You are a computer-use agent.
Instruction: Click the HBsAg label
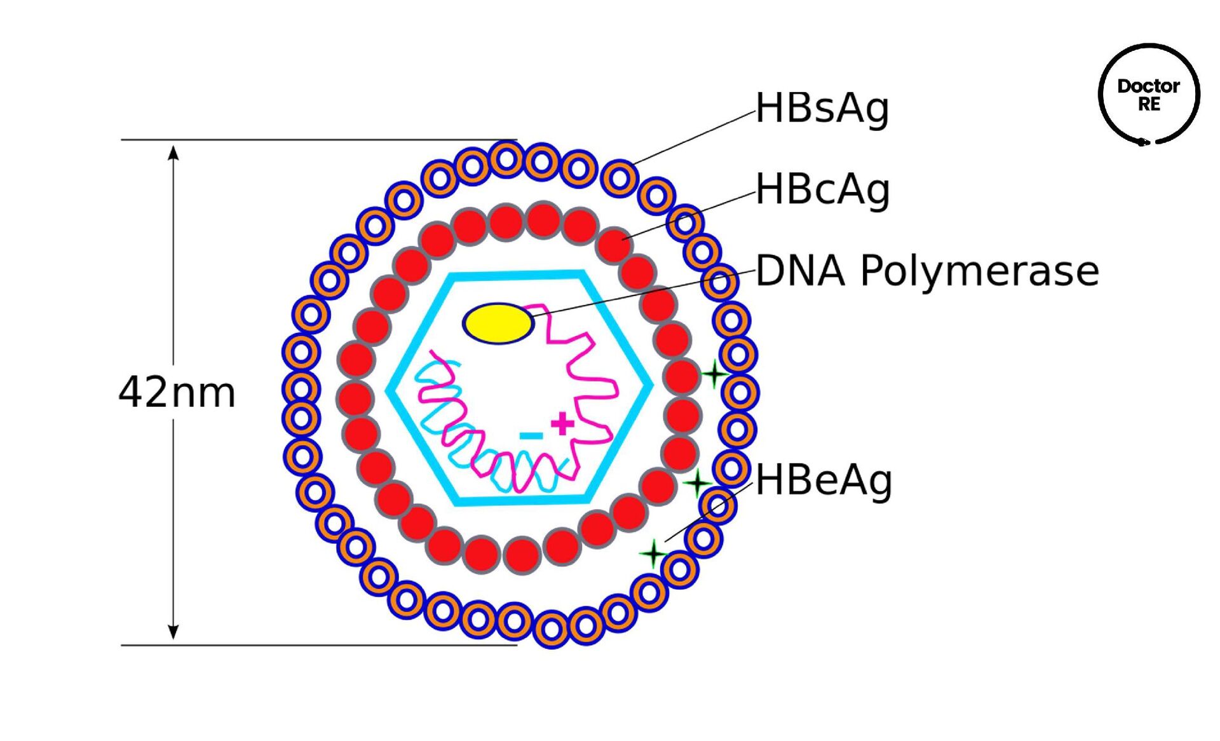point(822,108)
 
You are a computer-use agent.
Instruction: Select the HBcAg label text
point(822,189)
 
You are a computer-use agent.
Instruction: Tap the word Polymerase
point(979,271)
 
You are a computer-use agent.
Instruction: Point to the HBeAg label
point(823,480)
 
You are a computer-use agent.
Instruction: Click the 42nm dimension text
point(177,392)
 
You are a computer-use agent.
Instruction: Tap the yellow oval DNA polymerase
point(498,323)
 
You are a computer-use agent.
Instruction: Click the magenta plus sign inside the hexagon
point(562,423)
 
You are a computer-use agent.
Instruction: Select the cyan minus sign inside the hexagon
point(531,435)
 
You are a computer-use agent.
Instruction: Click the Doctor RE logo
point(1148,95)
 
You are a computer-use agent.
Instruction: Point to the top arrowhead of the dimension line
point(173,153)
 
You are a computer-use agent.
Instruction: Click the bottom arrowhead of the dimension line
point(173,632)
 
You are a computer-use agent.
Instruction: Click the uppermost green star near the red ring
point(714,374)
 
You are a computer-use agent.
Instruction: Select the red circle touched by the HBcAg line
point(614,245)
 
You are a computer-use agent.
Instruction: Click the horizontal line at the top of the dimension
point(318,140)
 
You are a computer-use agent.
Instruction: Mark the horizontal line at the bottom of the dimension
point(318,645)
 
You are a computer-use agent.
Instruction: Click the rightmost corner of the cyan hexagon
point(651,385)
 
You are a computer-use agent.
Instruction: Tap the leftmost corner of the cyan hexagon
point(389,390)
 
